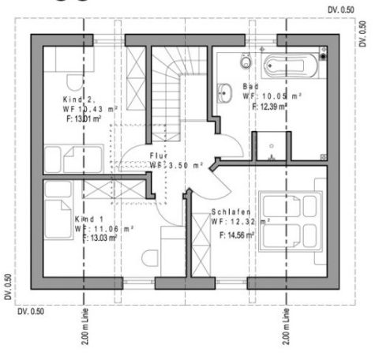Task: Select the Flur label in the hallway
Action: [x=159, y=156]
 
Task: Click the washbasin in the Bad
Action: [x=225, y=90]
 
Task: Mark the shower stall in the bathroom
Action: [x=272, y=148]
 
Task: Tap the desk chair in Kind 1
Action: [x=149, y=257]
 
